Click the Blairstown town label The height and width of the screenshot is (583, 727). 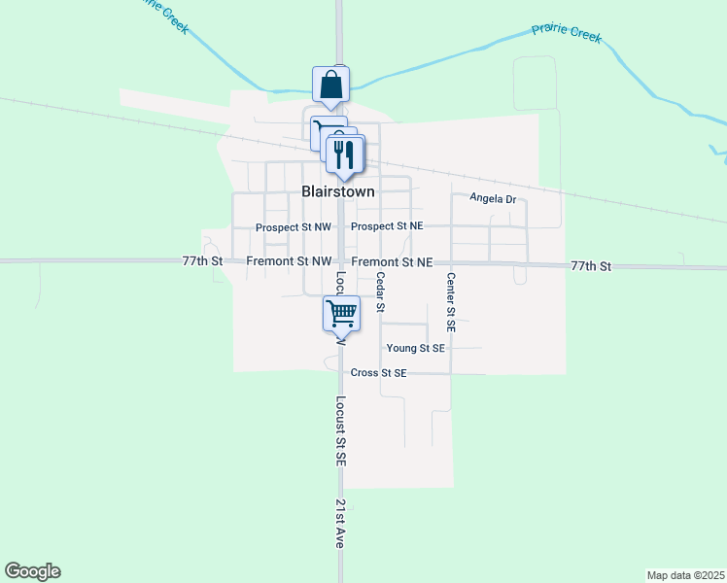point(337,192)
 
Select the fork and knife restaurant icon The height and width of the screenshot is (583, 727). point(344,155)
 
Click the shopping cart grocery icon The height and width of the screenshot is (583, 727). point(341,313)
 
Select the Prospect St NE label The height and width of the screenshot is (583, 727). point(387,226)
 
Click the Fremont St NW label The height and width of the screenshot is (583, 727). point(289,262)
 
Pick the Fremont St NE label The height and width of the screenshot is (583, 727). point(392,262)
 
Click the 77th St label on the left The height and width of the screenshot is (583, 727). point(202,262)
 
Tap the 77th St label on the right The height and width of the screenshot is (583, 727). point(591,265)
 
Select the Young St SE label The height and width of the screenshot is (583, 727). point(415,348)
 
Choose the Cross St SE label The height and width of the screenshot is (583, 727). point(379,373)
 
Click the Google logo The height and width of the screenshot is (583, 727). point(32,571)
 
